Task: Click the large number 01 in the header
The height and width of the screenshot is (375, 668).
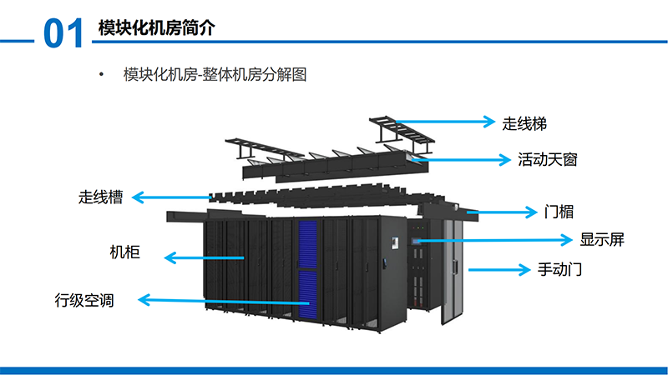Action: pyautogui.click(x=63, y=33)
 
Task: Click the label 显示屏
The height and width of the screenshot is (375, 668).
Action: pyautogui.click(x=602, y=240)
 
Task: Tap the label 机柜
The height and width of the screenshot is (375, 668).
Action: pyautogui.click(x=124, y=252)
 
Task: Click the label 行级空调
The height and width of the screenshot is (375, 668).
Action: pyautogui.click(x=83, y=300)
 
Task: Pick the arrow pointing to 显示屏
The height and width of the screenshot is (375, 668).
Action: pyautogui.click(x=493, y=241)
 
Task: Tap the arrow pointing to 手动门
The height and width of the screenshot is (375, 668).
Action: pyautogui.click(x=497, y=269)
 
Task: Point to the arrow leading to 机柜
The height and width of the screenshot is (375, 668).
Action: pyautogui.click(x=205, y=258)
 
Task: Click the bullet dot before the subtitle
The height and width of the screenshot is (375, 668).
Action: pyautogui.click(x=101, y=76)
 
